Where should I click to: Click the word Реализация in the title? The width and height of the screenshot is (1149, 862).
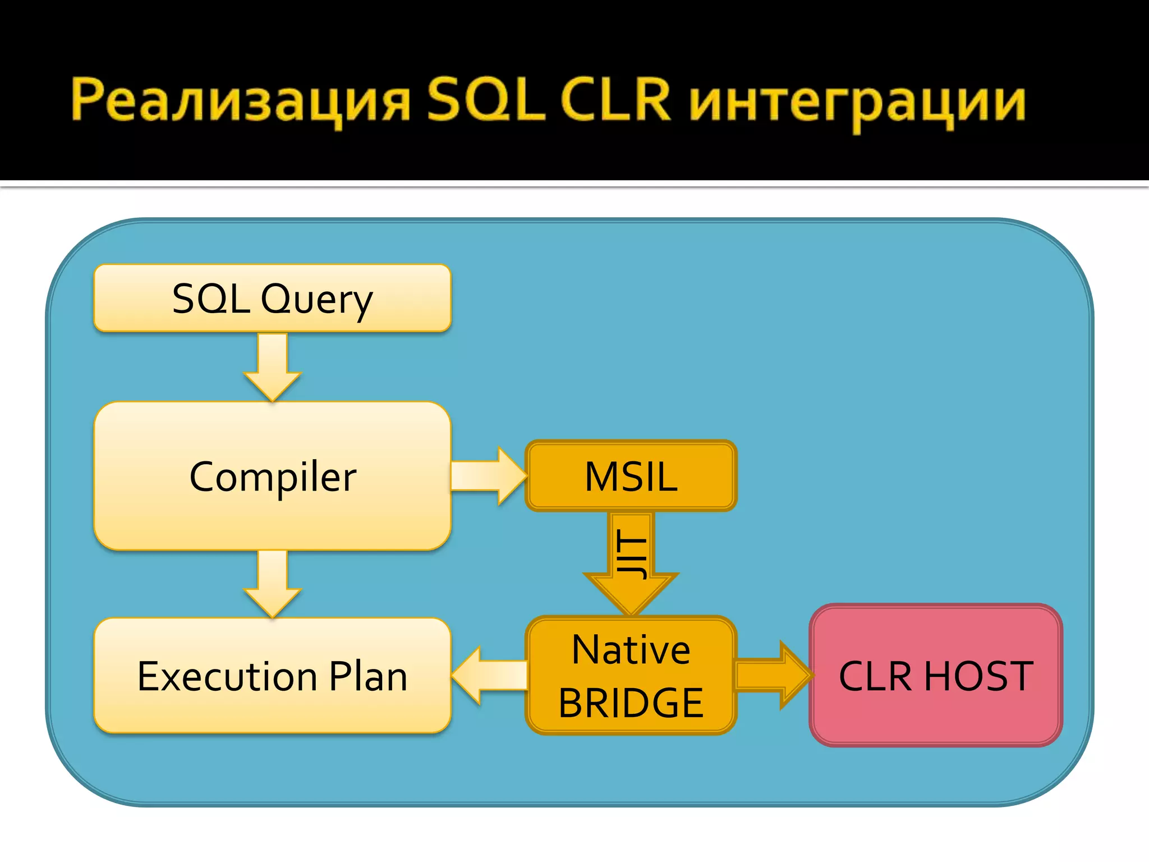click(x=241, y=101)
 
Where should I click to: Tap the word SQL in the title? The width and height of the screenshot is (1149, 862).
click(x=486, y=101)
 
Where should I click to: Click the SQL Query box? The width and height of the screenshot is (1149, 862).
click(x=273, y=298)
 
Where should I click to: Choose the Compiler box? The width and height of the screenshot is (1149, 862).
click(x=273, y=476)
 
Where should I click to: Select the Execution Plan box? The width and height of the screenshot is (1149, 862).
click(x=273, y=676)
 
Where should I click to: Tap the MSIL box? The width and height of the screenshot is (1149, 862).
click(x=631, y=476)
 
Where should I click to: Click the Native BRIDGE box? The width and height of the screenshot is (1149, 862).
click(x=631, y=676)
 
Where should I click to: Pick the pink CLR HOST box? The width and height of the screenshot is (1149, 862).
click(x=936, y=676)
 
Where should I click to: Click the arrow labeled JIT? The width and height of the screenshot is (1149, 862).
click(x=631, y=561)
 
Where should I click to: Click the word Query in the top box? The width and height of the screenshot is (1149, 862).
click(x=317, y=300)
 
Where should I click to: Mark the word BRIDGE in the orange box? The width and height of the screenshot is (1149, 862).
click(x=631, y=703)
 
